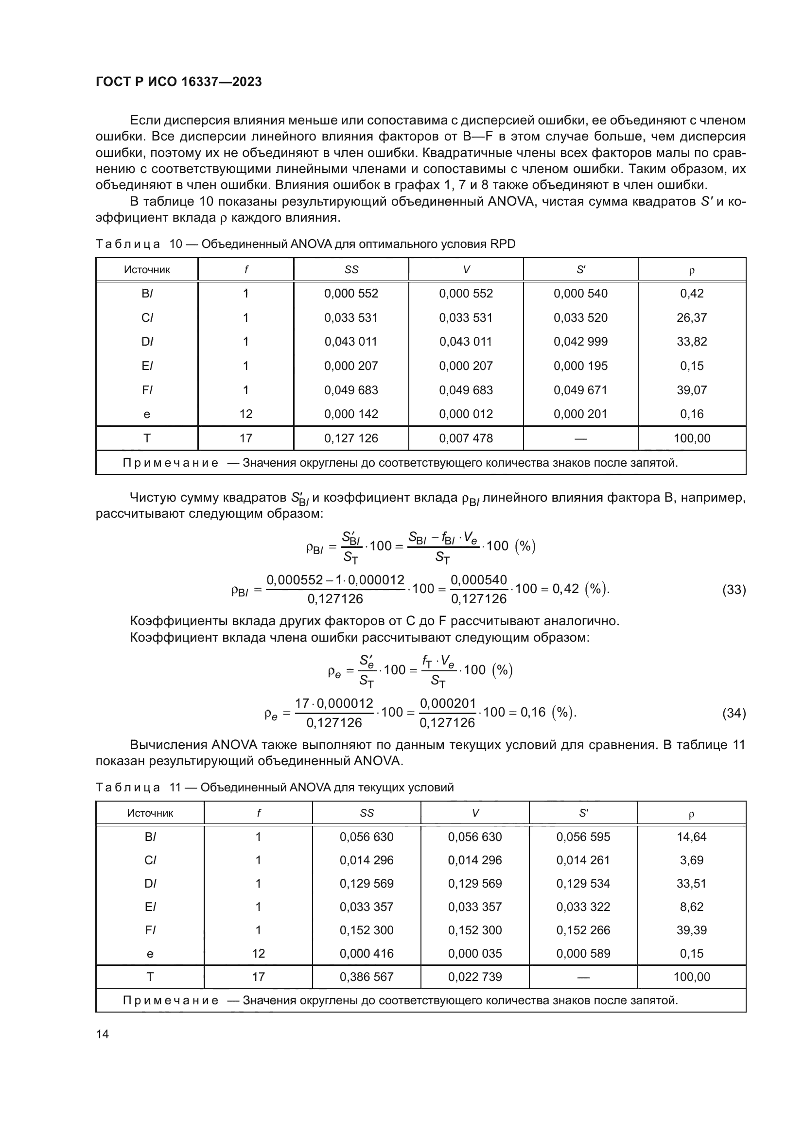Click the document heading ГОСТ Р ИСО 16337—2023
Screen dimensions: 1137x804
[x=179, y=82]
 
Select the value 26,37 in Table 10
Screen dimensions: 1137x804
[x=692, y=317]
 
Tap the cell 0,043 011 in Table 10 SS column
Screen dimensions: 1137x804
[x=350, y=341]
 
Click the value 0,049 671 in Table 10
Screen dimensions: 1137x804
[x=580, y=390]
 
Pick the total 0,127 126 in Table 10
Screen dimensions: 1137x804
[x=350, y=438]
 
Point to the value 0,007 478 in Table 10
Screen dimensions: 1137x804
[x=466, y=438]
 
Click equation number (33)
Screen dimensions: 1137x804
[x=734, y=589]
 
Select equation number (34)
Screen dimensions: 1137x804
[x=734, y=713]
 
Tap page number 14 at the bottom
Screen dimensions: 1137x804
[x=103, y=1034]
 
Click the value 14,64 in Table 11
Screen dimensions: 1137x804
[x=692, y=837]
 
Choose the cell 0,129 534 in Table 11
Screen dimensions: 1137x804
[x=583, y=883]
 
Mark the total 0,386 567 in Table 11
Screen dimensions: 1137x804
[x=367, y=977]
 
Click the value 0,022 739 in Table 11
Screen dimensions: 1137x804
[x=475, y=977]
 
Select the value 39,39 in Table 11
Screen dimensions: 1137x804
[x=692, y=930]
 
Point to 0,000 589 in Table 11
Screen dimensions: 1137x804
[x=583, y=953]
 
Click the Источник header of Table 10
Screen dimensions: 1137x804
[x=147, y=270]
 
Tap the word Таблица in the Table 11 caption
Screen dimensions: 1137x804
[x=128, y=788]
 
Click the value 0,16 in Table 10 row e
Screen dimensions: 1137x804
[x=692, y=414]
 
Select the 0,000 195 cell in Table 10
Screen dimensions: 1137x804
[x=580, y=366]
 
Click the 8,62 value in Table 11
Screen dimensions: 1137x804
[x=692, y=907]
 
